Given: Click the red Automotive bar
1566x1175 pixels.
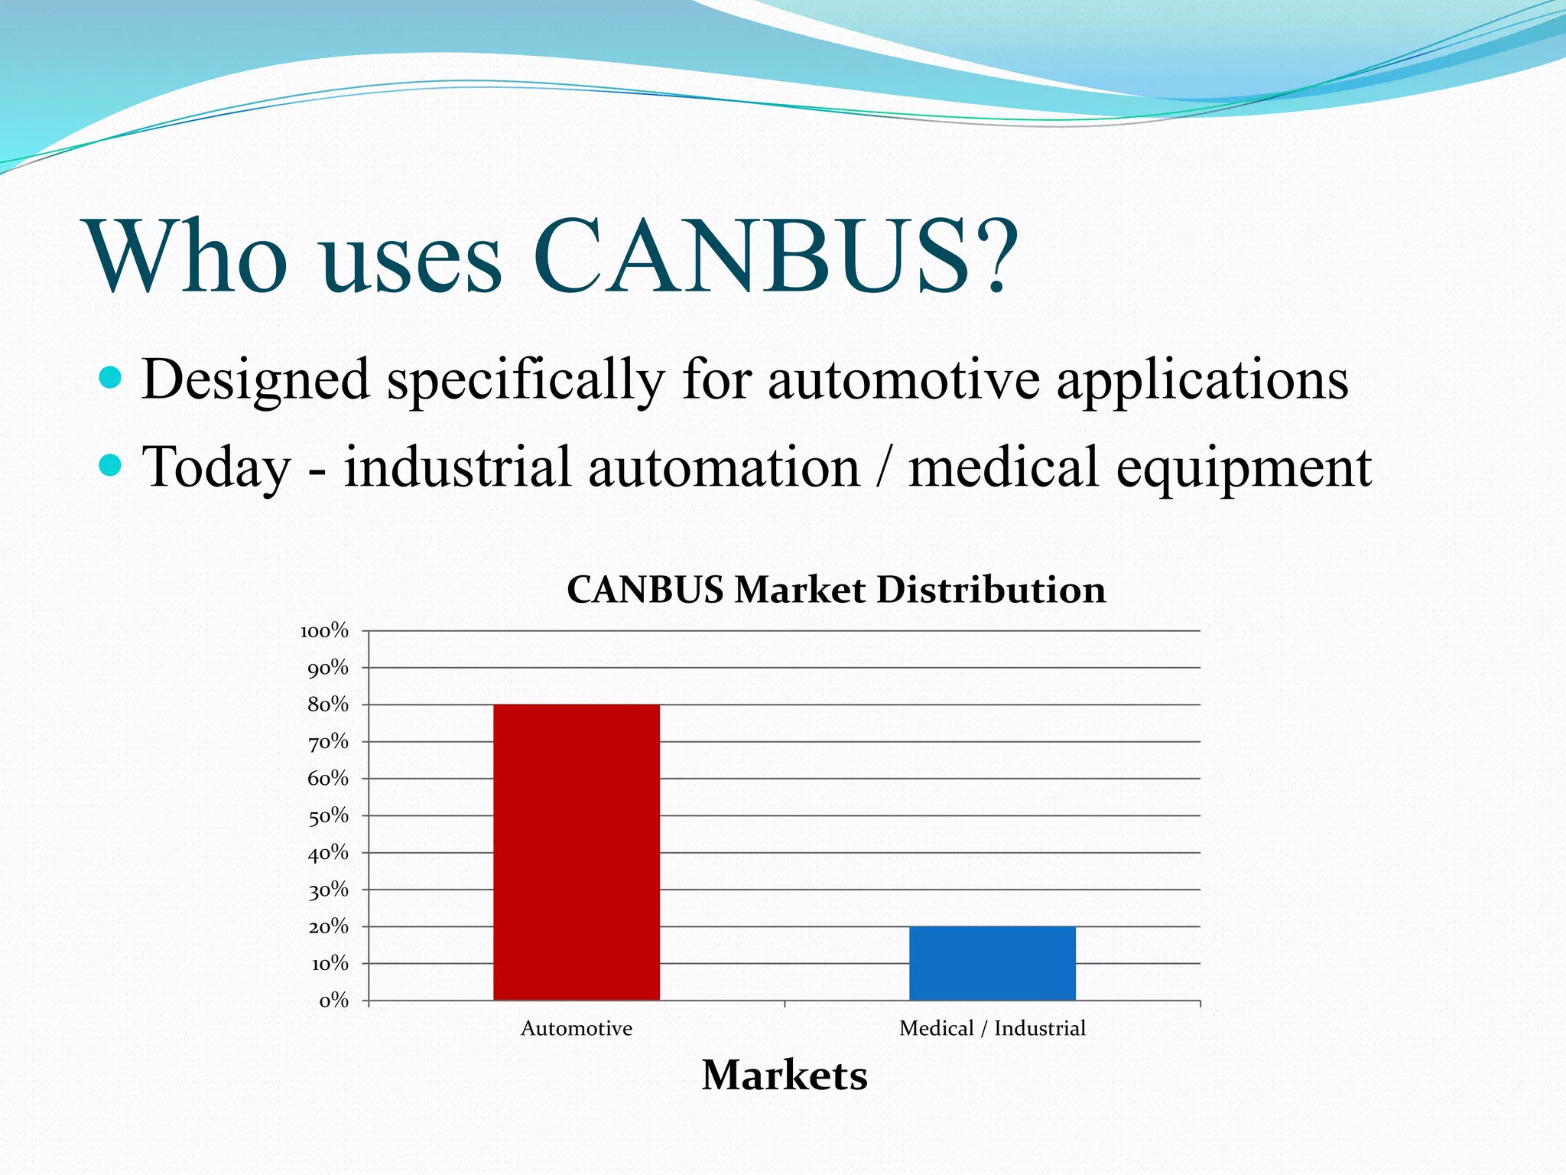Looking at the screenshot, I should pyautogui.click(x=576, y=851).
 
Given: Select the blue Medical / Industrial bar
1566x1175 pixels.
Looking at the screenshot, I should pyautogui.click(x=992, y=963).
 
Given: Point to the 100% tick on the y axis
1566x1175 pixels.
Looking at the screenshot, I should pyautogui.click(x=324, y=631).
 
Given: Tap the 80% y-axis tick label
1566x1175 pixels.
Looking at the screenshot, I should pyautogui.click(x=327, y=705).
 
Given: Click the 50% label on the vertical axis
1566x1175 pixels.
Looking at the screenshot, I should pyautogui.click(x=327, y=815).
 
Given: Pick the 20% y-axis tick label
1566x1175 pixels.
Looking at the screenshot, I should pyautogui.click(x=327, y=926).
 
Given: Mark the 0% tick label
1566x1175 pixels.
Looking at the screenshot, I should pyautogui.click(x=333, y=1001).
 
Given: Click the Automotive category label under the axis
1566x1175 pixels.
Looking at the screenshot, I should pyautogui.click(x=576, y=1028).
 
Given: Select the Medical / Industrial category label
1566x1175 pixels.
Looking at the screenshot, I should pyautogui.click(x=992, y=1028).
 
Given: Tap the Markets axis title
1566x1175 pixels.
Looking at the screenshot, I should pyautogui.click(x=785, y=1075).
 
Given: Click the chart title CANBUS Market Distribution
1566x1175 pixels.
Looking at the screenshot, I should pyautogui.click(x=836, y=590).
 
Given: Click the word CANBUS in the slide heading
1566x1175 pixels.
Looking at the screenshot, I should pyautogui.click(x=752, y=256).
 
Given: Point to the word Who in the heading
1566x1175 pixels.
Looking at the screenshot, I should pyautogui.click(x=188, y=256).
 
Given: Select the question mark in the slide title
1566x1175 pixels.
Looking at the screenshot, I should pyautogui.click(x=996, y=256).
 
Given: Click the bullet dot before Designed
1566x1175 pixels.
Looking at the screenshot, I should pyautogui.click(x=111, y=377).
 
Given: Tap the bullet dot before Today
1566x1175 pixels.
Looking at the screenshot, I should pyautogui.click(x=111, y=464).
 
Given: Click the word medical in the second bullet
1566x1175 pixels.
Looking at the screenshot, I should pyautogui.click(x=1003, y=466).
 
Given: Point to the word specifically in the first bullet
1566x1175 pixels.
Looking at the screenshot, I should pyautogui.click(x=525, y=380).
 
